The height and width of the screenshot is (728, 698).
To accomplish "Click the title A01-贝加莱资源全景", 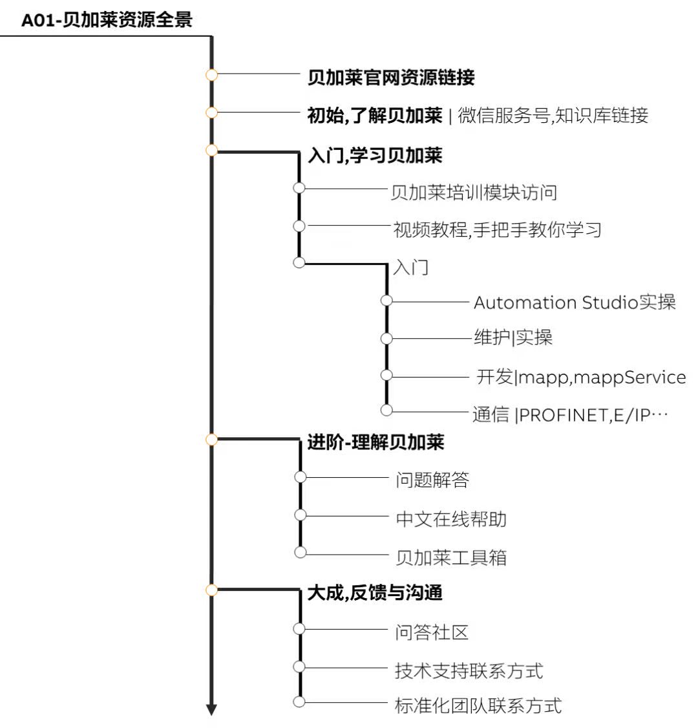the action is click(107, 20).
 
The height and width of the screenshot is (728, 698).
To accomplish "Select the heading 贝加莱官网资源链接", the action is click(391, 78).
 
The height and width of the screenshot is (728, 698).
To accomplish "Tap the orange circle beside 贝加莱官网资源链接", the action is click(211, 74).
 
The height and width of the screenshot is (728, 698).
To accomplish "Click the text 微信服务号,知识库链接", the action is click(553, 115).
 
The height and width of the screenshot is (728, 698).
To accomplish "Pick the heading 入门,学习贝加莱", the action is click(375, 156).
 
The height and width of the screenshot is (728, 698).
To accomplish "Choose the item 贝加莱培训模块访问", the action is click(474, 193).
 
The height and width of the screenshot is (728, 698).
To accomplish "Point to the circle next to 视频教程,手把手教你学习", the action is click(299, 226).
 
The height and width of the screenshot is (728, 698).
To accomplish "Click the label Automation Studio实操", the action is click(575, 302).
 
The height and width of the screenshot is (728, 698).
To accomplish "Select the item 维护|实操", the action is click(513, 337).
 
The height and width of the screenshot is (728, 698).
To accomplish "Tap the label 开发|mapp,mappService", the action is click(581, 377).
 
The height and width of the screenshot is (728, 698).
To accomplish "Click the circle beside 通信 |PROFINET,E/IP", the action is click(386, 410).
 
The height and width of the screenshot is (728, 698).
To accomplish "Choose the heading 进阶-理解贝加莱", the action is click(376, 442).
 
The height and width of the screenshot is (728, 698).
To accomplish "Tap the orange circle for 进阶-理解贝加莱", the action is click(211, 439).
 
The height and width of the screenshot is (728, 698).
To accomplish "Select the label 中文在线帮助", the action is click(451, 519).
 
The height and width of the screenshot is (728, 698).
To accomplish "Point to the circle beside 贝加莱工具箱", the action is click(301, 552).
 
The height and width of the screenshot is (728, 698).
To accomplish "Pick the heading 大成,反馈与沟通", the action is click(375, 593).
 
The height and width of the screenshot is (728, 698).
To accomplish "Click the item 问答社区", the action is click(432, 632).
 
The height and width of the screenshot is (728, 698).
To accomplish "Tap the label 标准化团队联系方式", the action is click(478, 706).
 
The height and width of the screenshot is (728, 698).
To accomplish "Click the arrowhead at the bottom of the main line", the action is click(211, 710).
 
